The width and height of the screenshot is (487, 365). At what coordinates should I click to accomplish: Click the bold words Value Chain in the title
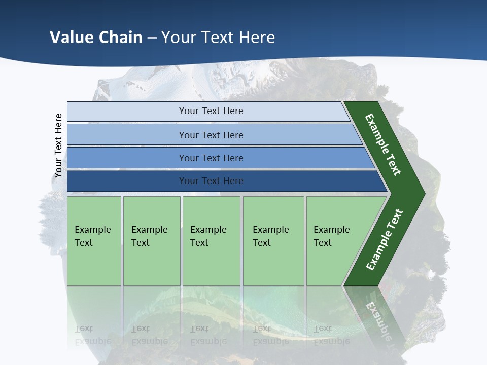(x=96, y=37)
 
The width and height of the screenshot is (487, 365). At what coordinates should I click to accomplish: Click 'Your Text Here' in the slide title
(x=218, y=37)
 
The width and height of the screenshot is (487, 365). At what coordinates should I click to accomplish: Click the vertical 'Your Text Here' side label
(x=58, y=145)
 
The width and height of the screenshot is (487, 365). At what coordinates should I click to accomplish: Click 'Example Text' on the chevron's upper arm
(x=383, y=144)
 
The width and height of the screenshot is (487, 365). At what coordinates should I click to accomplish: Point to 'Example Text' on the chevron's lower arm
(x=384, y=239)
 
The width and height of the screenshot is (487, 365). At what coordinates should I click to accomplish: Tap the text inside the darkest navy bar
(x=211, y=181)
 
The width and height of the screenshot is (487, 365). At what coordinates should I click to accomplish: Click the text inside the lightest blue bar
(x=211, y=111)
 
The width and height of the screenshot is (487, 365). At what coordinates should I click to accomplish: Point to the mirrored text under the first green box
(x=92, y=335)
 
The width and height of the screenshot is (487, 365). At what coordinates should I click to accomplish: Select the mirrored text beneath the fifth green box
(x=332, y=335)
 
